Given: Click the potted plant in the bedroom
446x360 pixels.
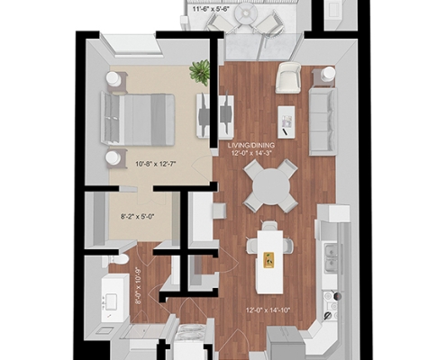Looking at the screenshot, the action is pos(200,72).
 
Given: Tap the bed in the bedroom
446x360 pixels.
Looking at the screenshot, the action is pos(138,120).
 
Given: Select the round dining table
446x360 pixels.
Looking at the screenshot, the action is pos(271,186).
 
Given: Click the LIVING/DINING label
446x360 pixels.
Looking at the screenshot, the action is pos(251,145).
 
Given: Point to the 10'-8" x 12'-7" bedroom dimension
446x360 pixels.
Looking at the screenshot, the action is pos(155,164).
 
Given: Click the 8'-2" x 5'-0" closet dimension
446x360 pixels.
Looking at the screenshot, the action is pos(137,216).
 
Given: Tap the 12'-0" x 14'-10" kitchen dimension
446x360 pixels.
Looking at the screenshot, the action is pos(268,310).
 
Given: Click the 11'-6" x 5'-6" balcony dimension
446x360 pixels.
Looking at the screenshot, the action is pos(211,9).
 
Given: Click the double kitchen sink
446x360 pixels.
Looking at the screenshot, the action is pos(331,257).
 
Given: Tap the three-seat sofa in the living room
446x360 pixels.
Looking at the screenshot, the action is pos(323,121).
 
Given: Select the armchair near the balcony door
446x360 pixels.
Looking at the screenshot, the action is pos(288,78).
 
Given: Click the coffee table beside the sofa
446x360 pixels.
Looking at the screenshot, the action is pos(286,121).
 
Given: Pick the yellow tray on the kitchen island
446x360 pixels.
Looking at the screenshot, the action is pos(269,260).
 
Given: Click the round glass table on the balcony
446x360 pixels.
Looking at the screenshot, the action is pos(245,13).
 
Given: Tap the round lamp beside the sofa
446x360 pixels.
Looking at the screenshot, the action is pos(328,73).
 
